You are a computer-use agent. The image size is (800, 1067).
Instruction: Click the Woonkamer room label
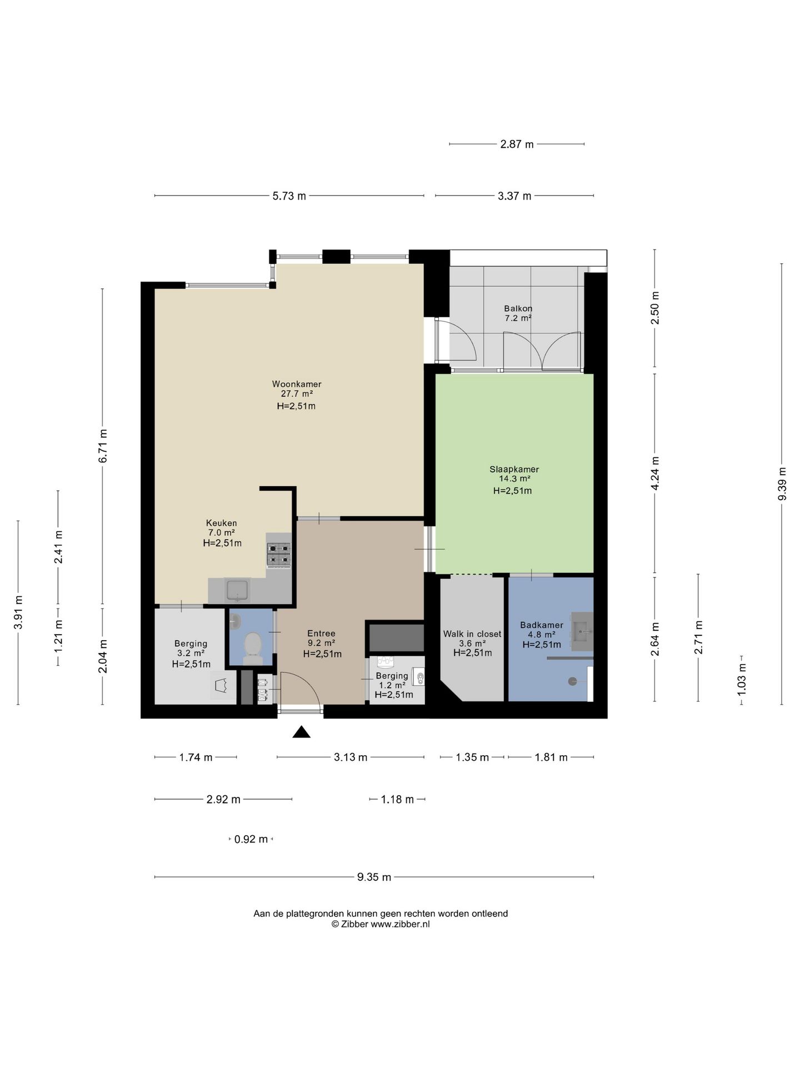point(297,384)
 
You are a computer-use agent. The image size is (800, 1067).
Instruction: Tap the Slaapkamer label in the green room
point(514,469)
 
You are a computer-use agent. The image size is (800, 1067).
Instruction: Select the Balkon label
point(518,308)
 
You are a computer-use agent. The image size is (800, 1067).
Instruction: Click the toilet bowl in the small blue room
point(253,647)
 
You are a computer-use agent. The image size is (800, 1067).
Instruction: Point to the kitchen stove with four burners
point(279,555)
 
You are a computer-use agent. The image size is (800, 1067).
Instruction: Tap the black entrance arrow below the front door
point(301,732)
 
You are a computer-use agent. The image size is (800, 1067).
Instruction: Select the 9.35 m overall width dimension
point(374,877)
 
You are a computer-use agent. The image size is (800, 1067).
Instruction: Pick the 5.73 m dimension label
point(289,196)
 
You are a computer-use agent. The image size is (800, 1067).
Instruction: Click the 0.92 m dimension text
point(251,839)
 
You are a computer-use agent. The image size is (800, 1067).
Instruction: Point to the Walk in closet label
point(472,634)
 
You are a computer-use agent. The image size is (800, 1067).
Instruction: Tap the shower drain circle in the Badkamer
point(572,681)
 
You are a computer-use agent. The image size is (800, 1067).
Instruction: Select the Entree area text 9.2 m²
point(321,644)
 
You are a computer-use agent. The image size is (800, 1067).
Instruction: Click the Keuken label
point(222,523)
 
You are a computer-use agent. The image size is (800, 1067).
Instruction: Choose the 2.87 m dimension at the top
point(517,144)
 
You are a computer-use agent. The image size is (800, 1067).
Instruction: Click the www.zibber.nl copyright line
point(381,924)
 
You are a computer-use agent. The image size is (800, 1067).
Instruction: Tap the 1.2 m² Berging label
point(392,685)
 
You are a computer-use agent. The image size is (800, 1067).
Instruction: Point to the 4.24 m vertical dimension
point(655,473)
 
